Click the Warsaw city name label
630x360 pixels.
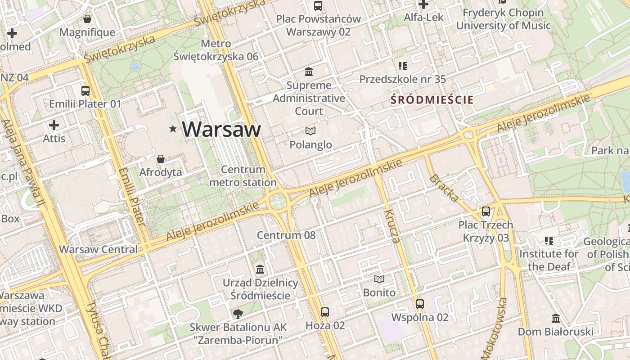click(x=221, y=129)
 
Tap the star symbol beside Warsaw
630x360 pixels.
click(x=173, y=129)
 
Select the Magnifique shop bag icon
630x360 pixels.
click(x=87, y=19)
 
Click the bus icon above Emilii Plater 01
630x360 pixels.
click(x=85, y=90)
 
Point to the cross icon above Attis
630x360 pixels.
click(x=54, y=125)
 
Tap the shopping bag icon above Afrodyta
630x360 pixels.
click(x=161, y=159)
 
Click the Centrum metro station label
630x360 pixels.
click(x=243, y=176)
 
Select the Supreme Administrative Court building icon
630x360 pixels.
click(x=309, y=72)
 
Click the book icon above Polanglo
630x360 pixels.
click(x=310, y=131)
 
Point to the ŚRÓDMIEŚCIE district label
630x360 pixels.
click(x=432, y=99)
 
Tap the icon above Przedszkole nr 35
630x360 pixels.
click(x=403, y=66)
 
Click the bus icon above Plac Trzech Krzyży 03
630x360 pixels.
click(x=486, y=211)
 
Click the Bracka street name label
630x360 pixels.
click(x=444, y=188)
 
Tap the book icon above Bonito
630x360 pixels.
click(x=379, y=279)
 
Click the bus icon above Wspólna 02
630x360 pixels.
click(x=420, y=304)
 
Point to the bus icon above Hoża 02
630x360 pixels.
click(x=325, y=312)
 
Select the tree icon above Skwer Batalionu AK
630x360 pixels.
click(x=238, y=313)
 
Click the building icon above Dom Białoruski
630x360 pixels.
click(x=556, y=319)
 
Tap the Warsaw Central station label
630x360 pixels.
click(x=99, y=249)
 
